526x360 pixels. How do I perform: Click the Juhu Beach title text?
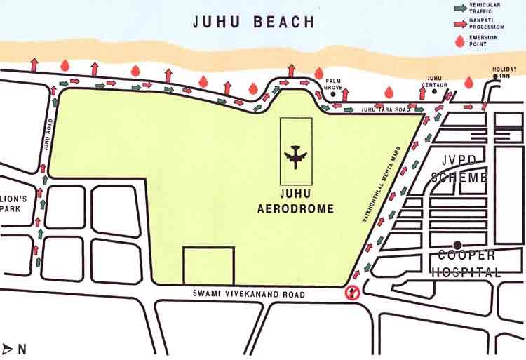254,22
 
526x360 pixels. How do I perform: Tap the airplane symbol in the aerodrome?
295,157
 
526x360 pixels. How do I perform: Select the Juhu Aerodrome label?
295,199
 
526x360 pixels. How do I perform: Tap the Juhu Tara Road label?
385,110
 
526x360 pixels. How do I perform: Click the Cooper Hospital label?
466,263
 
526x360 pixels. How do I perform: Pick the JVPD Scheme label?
459,169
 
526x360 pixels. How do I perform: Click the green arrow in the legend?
461,7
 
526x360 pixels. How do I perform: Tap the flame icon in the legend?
461,41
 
